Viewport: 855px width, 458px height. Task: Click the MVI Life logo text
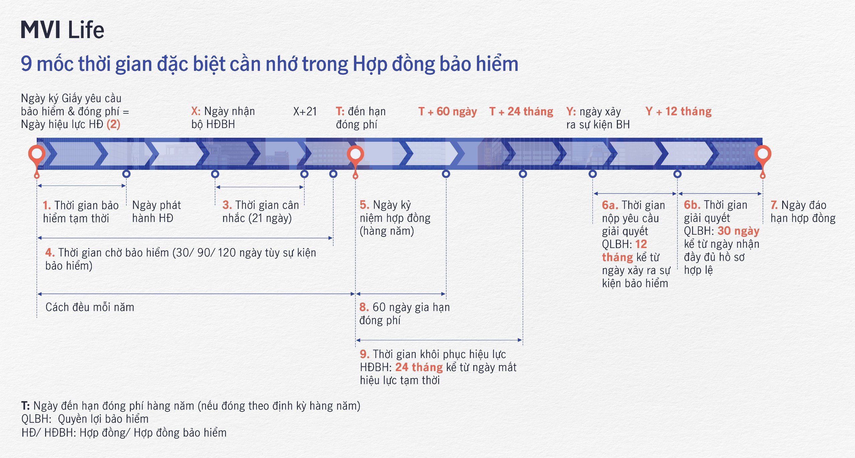pos(62,30)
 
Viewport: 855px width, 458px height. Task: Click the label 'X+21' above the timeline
pos(305,111)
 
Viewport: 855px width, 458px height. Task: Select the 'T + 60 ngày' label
pos(448,111)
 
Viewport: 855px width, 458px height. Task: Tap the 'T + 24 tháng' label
pos(521,111)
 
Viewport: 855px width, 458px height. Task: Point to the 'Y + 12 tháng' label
pos(679,111)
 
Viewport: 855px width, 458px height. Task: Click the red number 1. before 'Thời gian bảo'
pos(47,205)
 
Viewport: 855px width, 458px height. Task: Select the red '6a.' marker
pos(610,205)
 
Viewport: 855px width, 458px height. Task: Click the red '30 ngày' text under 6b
pos(738,231)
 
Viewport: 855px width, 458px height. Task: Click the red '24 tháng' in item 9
pos(419,367)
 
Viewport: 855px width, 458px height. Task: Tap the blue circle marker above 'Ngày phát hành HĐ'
pos(126,174)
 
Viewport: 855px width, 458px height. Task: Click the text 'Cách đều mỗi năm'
pos(90,307)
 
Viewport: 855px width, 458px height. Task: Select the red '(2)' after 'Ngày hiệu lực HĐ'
pos(113,124)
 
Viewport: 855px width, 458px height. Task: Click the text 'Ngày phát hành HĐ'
pos(156,212)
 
